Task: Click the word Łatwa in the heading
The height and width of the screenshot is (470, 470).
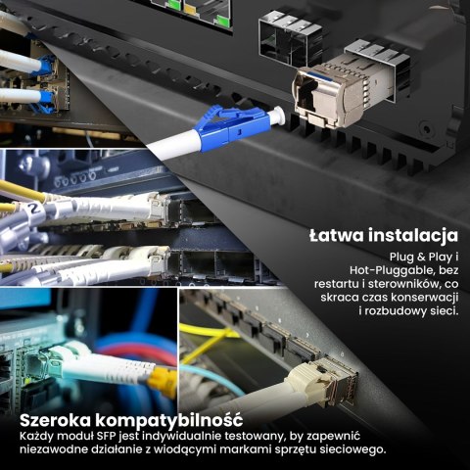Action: tap(339, 236)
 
